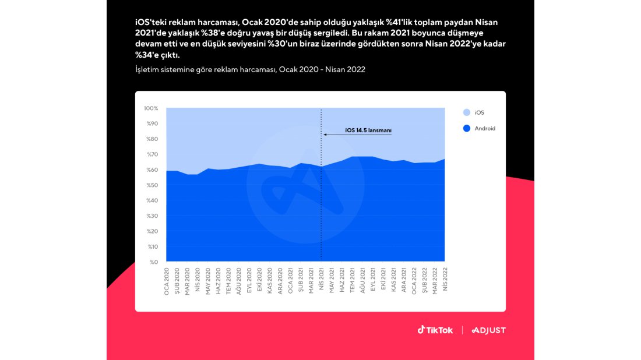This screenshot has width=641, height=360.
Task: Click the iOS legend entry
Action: pos(474,112)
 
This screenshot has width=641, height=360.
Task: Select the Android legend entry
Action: pos(479,128)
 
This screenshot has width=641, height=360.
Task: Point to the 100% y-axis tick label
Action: pos(151,108)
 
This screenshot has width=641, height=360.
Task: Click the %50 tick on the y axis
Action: pos(153,185)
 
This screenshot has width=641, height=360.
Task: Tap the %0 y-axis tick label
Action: pos(154,262)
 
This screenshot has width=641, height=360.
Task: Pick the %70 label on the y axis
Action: pos(153,154)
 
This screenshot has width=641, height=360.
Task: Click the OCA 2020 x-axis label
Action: pos(167,281)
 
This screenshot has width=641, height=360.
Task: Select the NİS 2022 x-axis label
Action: pos(445,280)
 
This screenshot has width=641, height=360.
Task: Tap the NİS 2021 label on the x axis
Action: pos(321,280)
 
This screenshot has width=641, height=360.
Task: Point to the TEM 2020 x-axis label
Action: pos(228,281)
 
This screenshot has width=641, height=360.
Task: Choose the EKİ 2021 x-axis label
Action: pos(383,280)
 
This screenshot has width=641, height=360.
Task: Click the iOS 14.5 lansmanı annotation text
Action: pos(368,130)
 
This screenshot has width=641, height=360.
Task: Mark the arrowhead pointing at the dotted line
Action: pos(325,135)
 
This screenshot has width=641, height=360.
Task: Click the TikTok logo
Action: pos(435,330)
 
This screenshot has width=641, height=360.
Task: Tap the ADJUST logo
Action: pos(489,330)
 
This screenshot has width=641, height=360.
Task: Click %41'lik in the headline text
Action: pos(399,22)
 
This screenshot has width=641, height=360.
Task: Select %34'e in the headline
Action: pos(150,55)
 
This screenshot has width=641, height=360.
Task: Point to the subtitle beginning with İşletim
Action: pos(250,69)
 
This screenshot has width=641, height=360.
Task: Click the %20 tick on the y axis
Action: pos(153,231)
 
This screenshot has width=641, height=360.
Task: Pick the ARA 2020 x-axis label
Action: pos(280,281)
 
